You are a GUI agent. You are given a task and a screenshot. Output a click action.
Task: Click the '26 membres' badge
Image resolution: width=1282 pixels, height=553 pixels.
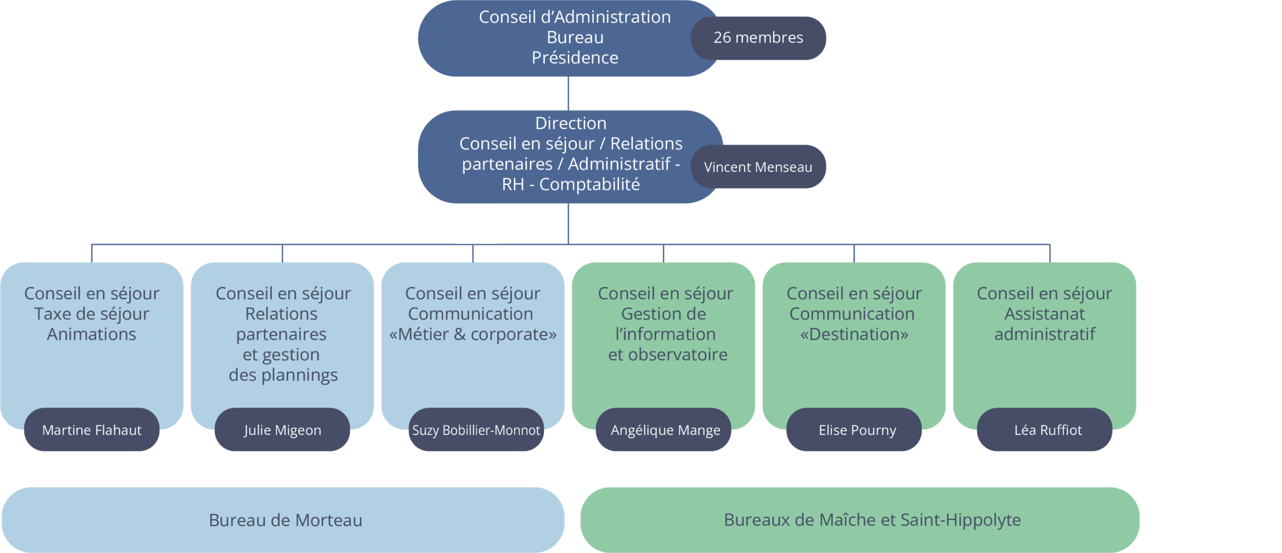click(x=758, y=38)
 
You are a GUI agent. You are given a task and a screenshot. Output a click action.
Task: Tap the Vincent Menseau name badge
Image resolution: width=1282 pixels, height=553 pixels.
click(x=758, y=167)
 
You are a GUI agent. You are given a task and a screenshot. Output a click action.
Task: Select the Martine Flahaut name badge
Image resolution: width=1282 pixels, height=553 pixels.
click(x=92, y=429)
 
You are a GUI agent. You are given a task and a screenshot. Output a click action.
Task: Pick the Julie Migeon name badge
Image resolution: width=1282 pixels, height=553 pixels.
click(x=282, y=429)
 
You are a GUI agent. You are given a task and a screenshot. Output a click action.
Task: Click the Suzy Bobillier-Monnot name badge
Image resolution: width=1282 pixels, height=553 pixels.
click(x=476, y=429)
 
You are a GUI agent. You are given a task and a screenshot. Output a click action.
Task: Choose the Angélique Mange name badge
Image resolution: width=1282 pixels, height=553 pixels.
click(x=665, y=429)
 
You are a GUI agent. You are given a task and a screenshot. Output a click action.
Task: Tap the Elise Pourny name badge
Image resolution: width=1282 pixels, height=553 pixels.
click(x=857, y=429)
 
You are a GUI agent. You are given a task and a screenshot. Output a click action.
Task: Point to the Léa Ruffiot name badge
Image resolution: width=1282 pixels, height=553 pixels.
click(x=1048, y=429)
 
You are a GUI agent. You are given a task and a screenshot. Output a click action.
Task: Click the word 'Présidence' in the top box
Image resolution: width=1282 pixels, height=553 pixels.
click(x=575, y=58)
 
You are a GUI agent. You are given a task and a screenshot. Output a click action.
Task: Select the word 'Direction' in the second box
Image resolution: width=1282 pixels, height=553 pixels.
click(x=570, y=123)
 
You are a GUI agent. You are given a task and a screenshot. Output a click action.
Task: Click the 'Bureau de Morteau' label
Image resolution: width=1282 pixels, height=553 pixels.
click(x=285, y=520)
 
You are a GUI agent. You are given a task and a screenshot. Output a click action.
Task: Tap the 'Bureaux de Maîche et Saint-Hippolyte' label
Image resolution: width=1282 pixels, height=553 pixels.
click(x=872, y=519)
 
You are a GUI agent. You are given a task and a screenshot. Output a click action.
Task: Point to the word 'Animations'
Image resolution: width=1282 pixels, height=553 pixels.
click(x=92, y=334)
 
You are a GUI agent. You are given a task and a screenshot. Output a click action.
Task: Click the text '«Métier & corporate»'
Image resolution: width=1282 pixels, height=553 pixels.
click(x=473, y=334)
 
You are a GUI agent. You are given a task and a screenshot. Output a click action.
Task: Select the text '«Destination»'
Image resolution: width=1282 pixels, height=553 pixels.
click(x=854, y=334)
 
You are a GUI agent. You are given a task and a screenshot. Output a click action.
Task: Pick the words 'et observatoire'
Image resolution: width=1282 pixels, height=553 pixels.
click(x=668, y=354)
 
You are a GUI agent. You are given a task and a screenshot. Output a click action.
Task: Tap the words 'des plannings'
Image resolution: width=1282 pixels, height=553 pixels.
click(x=283, y=375)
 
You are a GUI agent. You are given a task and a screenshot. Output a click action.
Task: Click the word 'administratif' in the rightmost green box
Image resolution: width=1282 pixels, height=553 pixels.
click(x=1045, y=334)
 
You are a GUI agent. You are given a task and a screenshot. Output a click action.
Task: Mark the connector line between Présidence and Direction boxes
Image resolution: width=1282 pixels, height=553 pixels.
click(x=568, y=94)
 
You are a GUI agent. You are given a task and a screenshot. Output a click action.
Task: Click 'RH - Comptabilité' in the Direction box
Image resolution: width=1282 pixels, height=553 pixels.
click(x=571, y=184)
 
